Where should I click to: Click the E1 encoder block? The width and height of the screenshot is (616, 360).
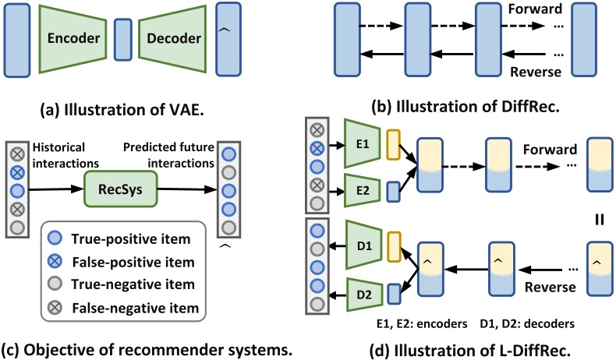point(363,145)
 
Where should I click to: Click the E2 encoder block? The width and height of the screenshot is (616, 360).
point(363,189)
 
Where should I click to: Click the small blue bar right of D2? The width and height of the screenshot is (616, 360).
point(393,295)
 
